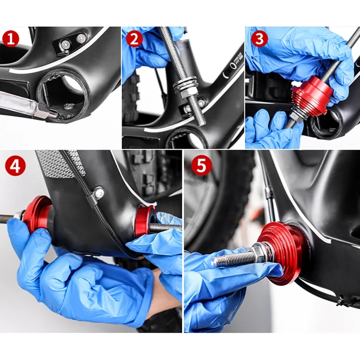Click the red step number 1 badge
coord(10,39)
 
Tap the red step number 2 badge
coord(134,39)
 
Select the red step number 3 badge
coord(260,39)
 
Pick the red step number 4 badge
coord(15,166)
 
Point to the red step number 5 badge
coord(201,165)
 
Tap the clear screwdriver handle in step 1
coord(16,103)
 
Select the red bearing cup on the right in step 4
coord(144,221)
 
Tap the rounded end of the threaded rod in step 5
coord(215,262)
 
